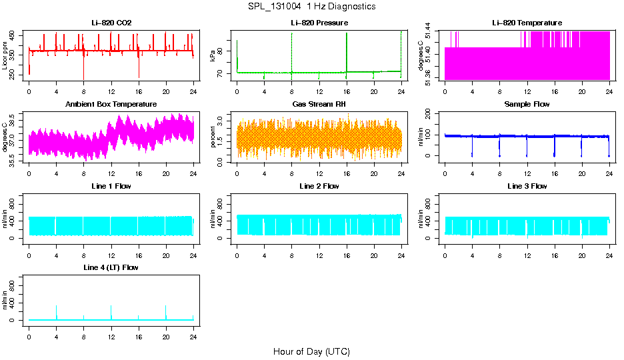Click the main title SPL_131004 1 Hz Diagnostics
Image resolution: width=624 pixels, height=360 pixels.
tap(311, 6)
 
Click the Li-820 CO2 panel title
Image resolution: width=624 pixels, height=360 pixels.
tap(111, 23)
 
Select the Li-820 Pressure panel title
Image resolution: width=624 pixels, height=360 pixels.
tap(319, 23)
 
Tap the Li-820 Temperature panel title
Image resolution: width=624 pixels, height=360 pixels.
tap(527, 23)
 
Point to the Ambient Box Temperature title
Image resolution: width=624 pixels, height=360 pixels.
tap(111, 105)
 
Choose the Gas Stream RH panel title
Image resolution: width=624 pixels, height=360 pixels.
tap(319, 105)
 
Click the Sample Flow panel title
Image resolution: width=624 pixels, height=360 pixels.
tap(527, 105)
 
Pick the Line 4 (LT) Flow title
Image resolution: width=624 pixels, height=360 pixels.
tap(111, 267)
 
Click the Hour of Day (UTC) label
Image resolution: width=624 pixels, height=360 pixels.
tap(311, 351)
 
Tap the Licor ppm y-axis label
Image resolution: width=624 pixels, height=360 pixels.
tap(5, 56)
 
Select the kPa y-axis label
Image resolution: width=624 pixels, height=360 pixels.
tap(213, 56)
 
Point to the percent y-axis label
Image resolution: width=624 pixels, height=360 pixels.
tap(213, 137)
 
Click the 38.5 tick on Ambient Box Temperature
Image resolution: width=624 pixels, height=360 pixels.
tap(14, 116)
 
